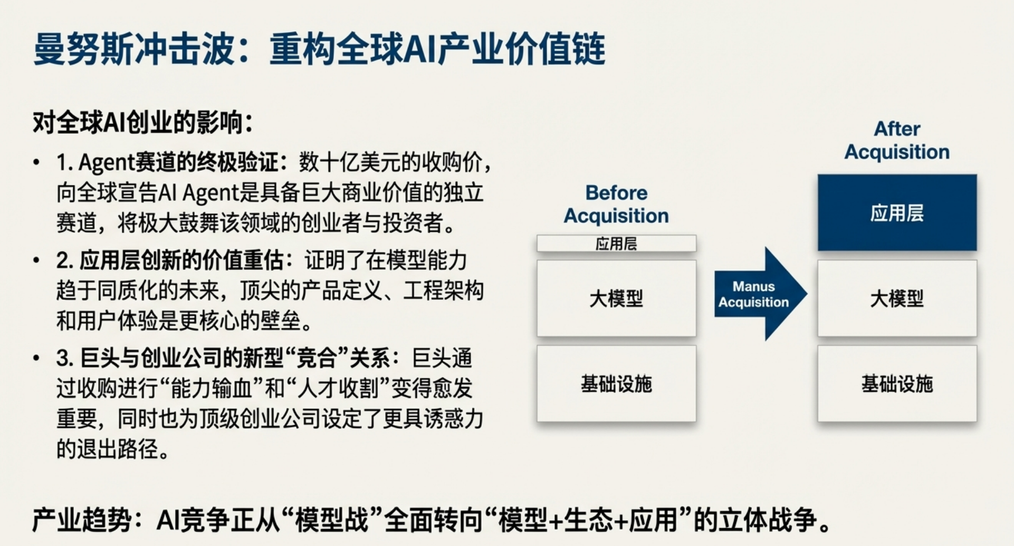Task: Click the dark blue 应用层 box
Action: point(897,212)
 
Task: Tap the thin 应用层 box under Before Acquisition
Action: point(616,243)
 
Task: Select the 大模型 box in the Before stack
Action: point(616,298)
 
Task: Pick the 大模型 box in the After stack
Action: point(897,298)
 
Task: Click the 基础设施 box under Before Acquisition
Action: point(616,384)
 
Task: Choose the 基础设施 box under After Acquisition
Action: point(897,384)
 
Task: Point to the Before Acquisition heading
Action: point(616,204)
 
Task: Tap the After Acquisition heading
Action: point(897,140)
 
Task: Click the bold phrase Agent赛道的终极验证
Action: point(178,162)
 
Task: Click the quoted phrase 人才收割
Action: point(338,388)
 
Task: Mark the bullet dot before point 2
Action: point(36,260)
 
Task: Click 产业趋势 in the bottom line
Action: point(81,520)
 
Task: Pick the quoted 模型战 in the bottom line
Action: point(332,520)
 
